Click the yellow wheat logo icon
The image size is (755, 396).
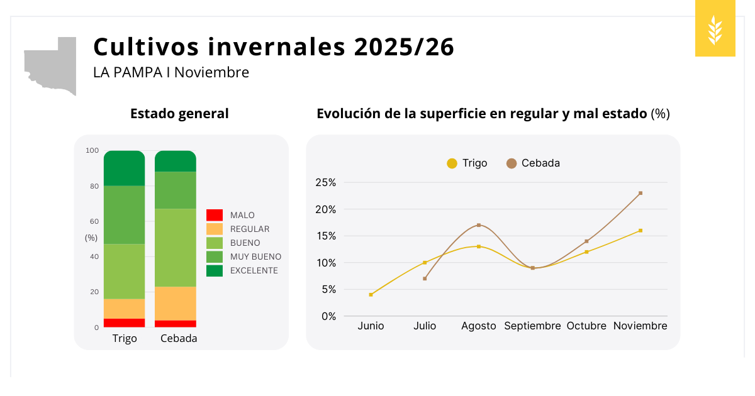coord(715,30)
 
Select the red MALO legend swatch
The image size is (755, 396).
coord(215,215)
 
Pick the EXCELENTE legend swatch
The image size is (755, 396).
coord(215,270)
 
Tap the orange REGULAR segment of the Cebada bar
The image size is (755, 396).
coord(176,304)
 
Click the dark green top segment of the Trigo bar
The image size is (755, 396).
coord(125,168)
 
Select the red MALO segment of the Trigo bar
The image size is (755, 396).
coord(125,323)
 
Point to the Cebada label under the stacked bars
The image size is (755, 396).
coord(179,339)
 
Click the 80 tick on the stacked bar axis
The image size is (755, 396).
coord(94,186)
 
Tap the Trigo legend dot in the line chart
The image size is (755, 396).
coord(452,163)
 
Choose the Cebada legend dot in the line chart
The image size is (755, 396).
coord(512,163)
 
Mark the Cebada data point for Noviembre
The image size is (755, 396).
coord(640,193)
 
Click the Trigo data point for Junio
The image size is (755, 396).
coord(371,294)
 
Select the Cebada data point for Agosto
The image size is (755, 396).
coord(479,225)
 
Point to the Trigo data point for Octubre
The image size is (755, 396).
coord(586,252)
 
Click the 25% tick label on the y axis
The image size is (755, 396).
coord(326,183)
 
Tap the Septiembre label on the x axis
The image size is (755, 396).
coord(532,326)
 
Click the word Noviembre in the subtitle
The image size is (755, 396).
coord(211,73)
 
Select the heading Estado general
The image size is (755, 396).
coord(179,114)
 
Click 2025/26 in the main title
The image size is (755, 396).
coord(404,47)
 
